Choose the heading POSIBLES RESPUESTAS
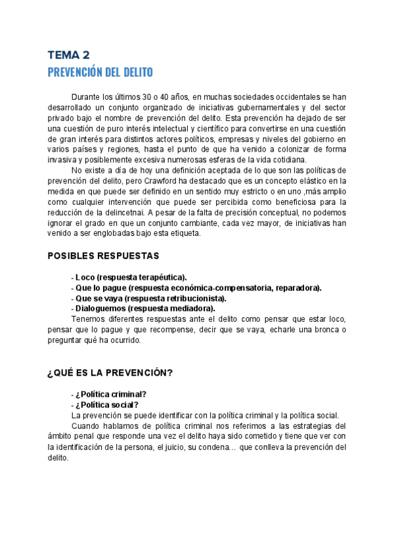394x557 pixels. tap(103, 256)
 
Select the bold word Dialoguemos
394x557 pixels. tap(100, 308)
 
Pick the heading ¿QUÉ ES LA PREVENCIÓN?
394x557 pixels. tap(110, 373)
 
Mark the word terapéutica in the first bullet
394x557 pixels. tap(160, 277)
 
